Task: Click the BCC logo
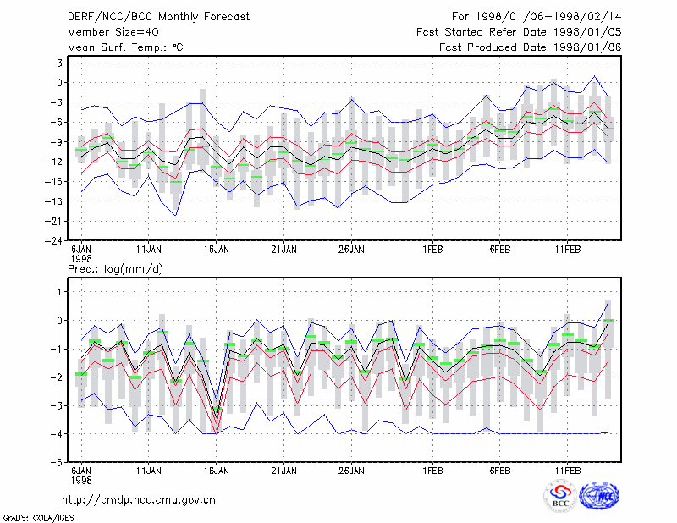click(560, 497)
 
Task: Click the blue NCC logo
click(599, 497)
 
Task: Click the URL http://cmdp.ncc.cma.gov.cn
click(139, 500)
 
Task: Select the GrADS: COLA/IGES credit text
click(38, 518)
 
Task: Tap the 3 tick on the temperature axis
click(59, 63)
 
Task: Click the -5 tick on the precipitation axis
click(56, 462)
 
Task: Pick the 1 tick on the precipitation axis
click(59, 292)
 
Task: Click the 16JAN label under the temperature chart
click(217, 250)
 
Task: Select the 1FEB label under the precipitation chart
click(432, 471)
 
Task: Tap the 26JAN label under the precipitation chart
click(351, 471)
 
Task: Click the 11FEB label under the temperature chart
click(567, 250)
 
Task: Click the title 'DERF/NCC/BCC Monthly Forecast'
click(158, 17)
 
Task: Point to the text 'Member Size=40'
click(113, 32)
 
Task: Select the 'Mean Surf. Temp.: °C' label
click(125, 47)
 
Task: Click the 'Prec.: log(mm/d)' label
click(115, 269)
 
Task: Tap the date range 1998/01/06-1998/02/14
click(548, 17)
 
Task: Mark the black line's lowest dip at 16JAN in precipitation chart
click(217, 417)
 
